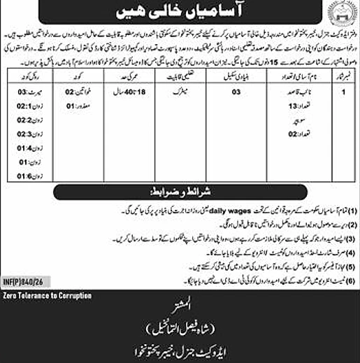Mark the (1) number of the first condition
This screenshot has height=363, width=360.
point(353,204)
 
